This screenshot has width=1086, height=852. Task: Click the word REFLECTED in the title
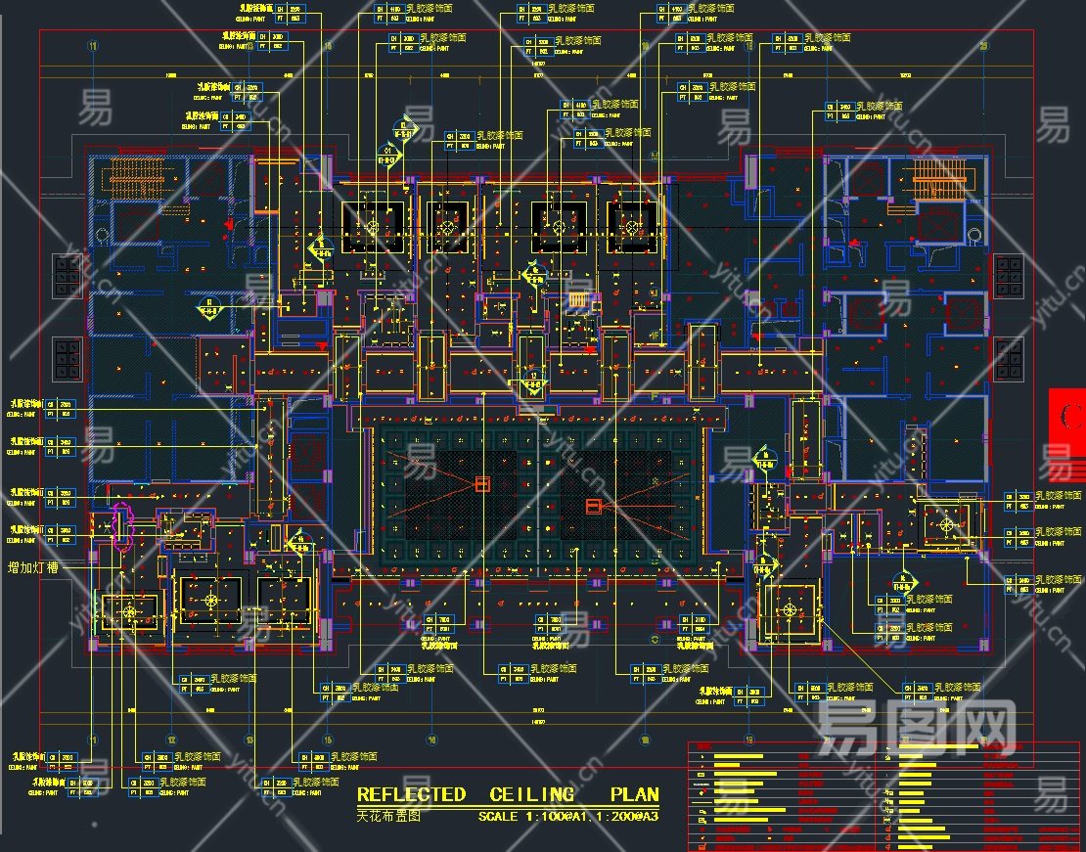pos(411,795)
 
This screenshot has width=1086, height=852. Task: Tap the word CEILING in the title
pos(532,795)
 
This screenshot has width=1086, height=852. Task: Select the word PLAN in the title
pos(634,795)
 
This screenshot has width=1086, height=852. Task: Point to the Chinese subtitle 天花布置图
pos(387,815)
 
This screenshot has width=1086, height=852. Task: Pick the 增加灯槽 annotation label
pos(38,567)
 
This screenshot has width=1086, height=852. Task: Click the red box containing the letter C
pos(1067,416)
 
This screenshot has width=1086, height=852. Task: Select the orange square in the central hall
pos(481,483)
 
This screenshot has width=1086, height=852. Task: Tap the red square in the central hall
pos(593,506)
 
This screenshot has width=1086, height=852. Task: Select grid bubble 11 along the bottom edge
pos(93,740)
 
